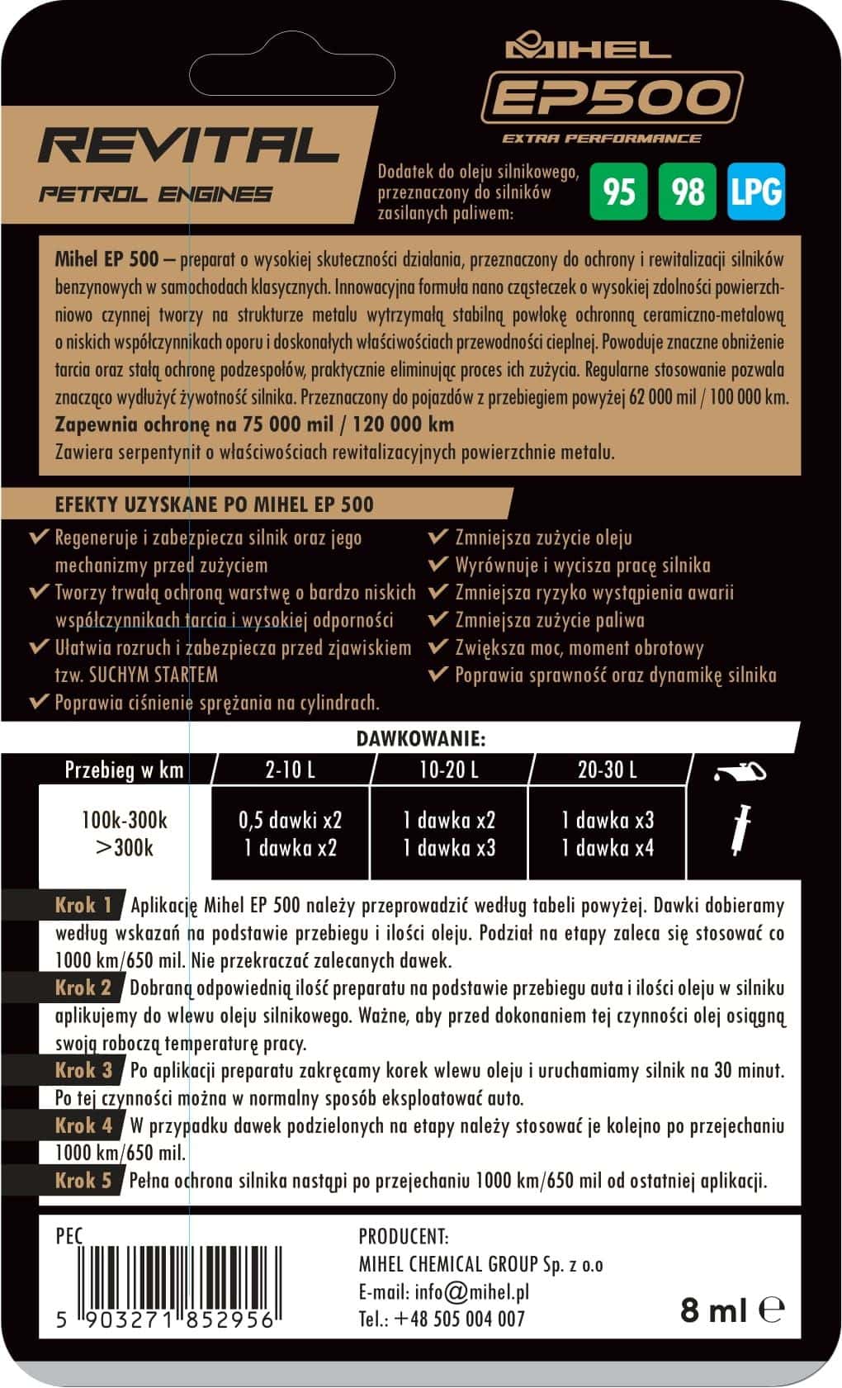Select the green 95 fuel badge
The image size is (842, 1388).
point(619,192)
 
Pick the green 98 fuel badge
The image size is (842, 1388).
point(688,192)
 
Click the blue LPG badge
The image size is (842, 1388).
point(755,192)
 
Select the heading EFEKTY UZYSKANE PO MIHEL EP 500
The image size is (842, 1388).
point(214,505)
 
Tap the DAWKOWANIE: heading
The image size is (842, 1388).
point(421,737)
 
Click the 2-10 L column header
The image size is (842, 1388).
point(291,770)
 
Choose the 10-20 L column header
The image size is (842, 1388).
point(448,770)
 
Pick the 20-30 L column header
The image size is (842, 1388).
point(607,770)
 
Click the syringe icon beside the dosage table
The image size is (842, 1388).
point(740,829)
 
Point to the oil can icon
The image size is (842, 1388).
point(740,773)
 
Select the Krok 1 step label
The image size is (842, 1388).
point(83,905)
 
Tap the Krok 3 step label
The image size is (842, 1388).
point(83,1070)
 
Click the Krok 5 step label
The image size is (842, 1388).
point(83,1181)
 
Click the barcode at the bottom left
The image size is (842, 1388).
point(163,1278)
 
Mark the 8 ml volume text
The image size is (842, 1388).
point(713,1310)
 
